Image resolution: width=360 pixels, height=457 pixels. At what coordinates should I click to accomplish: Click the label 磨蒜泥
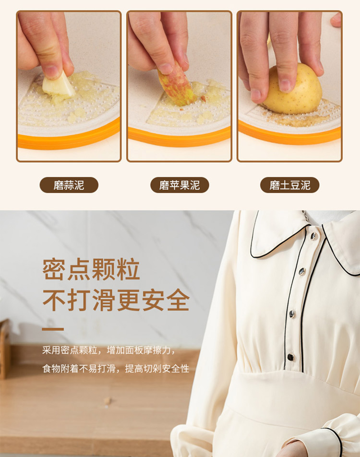pyautogui.click(x=69, y=185)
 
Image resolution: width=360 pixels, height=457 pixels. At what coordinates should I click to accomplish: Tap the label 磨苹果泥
pyautogui.click(x=180, y=185)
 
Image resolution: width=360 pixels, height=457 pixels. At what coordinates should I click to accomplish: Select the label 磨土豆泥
pyautogui.click(x=290, y=185)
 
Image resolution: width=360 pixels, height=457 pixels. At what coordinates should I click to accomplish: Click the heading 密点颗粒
pyautogui.click(x=91, y=269)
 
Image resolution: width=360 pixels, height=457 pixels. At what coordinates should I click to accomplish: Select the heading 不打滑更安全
pyautogui.click(x=116, y=300)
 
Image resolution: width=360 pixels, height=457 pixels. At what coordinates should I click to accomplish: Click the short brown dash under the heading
pyautogui.click(x=53, y=329)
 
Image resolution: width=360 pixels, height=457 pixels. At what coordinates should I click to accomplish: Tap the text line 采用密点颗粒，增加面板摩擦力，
pyautogui.click(x=109, y=350)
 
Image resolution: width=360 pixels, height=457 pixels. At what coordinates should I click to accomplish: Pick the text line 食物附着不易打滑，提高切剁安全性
pyautogui.click(x=116, y=368)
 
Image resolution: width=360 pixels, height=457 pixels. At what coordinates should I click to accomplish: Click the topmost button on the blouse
pyautogui.click(x=313, y=236)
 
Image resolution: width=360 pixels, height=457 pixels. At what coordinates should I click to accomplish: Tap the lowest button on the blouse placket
pyautogui.click(x=290, y=357)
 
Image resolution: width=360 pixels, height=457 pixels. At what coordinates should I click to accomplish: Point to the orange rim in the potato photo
pyautogui.click(x=290, y=134)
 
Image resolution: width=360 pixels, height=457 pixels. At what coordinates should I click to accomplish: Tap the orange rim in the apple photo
pyautogui.click(x=179, y=137)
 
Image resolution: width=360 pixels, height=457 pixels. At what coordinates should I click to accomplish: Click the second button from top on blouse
pyautogui.click(x=302, y=272)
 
